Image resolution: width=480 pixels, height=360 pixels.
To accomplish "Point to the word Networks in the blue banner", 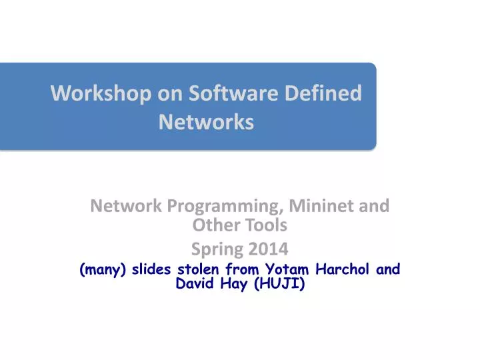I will pyautogui.click(x=206, y=123).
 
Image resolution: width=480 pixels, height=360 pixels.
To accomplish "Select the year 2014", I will pyautogui.click(x=265, y=250).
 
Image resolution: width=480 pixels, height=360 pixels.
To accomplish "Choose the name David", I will pyautogui.click(x=194, y=285).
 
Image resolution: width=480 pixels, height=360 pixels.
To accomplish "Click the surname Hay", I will pyautogui.click(x=235, y=285).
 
